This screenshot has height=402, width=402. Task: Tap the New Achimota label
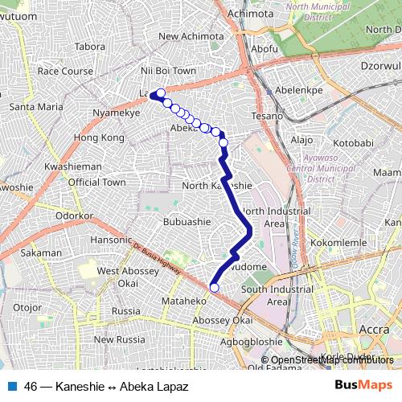tap(191, 36)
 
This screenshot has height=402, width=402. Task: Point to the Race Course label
tap(65, 71)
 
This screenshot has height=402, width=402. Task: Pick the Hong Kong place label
tap(93, 138)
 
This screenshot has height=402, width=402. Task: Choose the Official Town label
tap(96, 183)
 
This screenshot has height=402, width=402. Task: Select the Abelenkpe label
tap(298, 90)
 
